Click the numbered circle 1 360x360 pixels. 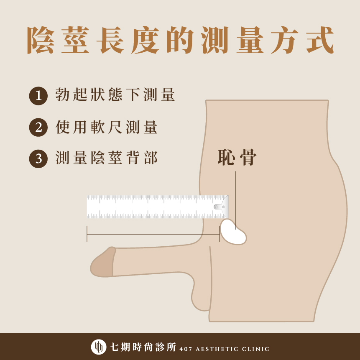[38, 96]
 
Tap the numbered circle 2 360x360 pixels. [38, 128]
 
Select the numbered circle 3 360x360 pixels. [38, 158]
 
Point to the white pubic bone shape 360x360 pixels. [233, 232]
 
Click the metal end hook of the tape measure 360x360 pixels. [221, 207]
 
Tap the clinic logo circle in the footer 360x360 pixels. [99, 347]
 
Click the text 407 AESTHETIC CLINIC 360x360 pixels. [224, 349]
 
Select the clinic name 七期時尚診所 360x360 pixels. [143, 347]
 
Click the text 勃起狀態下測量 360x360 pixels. [115, 94]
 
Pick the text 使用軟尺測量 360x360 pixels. [106, 127]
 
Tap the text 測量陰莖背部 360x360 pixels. [106, 158]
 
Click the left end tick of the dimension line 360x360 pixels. [87, 234]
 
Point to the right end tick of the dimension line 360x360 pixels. [220, 234]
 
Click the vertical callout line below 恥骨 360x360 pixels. [235, 200]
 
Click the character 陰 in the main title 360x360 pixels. [41, 40]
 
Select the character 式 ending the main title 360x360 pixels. [320, 40]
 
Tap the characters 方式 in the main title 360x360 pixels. [302, 40]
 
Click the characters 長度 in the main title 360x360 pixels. [128, 40]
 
